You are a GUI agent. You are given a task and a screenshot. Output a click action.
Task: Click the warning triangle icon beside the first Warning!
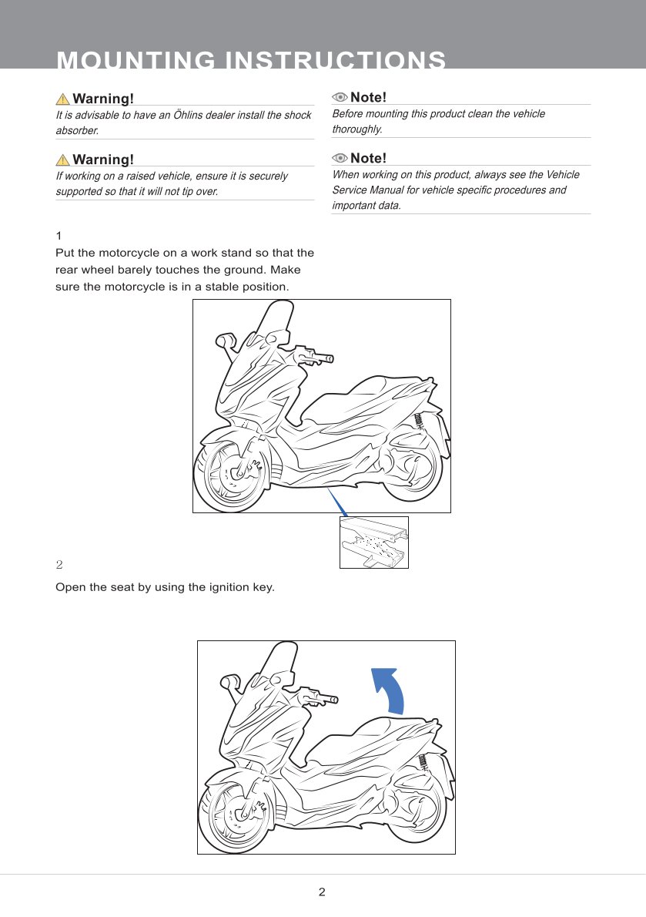coord(62,99)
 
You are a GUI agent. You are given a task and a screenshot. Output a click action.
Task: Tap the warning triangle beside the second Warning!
coord(62,160)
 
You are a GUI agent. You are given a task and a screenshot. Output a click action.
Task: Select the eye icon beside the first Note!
coord(340,97)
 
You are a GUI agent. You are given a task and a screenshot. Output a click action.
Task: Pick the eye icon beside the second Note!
coord(340,158)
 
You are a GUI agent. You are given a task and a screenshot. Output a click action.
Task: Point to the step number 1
coord(59,236)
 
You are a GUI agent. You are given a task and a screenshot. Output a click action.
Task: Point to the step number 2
coord(59,564)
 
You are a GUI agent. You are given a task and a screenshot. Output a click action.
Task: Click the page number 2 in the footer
coord(322,892)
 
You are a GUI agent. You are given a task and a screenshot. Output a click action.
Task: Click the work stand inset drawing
coord(373,542)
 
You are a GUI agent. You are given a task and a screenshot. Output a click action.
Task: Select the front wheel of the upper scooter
coord(232,474)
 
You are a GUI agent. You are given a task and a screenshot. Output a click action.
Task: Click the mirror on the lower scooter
coord(229,681)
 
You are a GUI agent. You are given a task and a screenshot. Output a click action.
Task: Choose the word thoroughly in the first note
coord(357,129)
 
